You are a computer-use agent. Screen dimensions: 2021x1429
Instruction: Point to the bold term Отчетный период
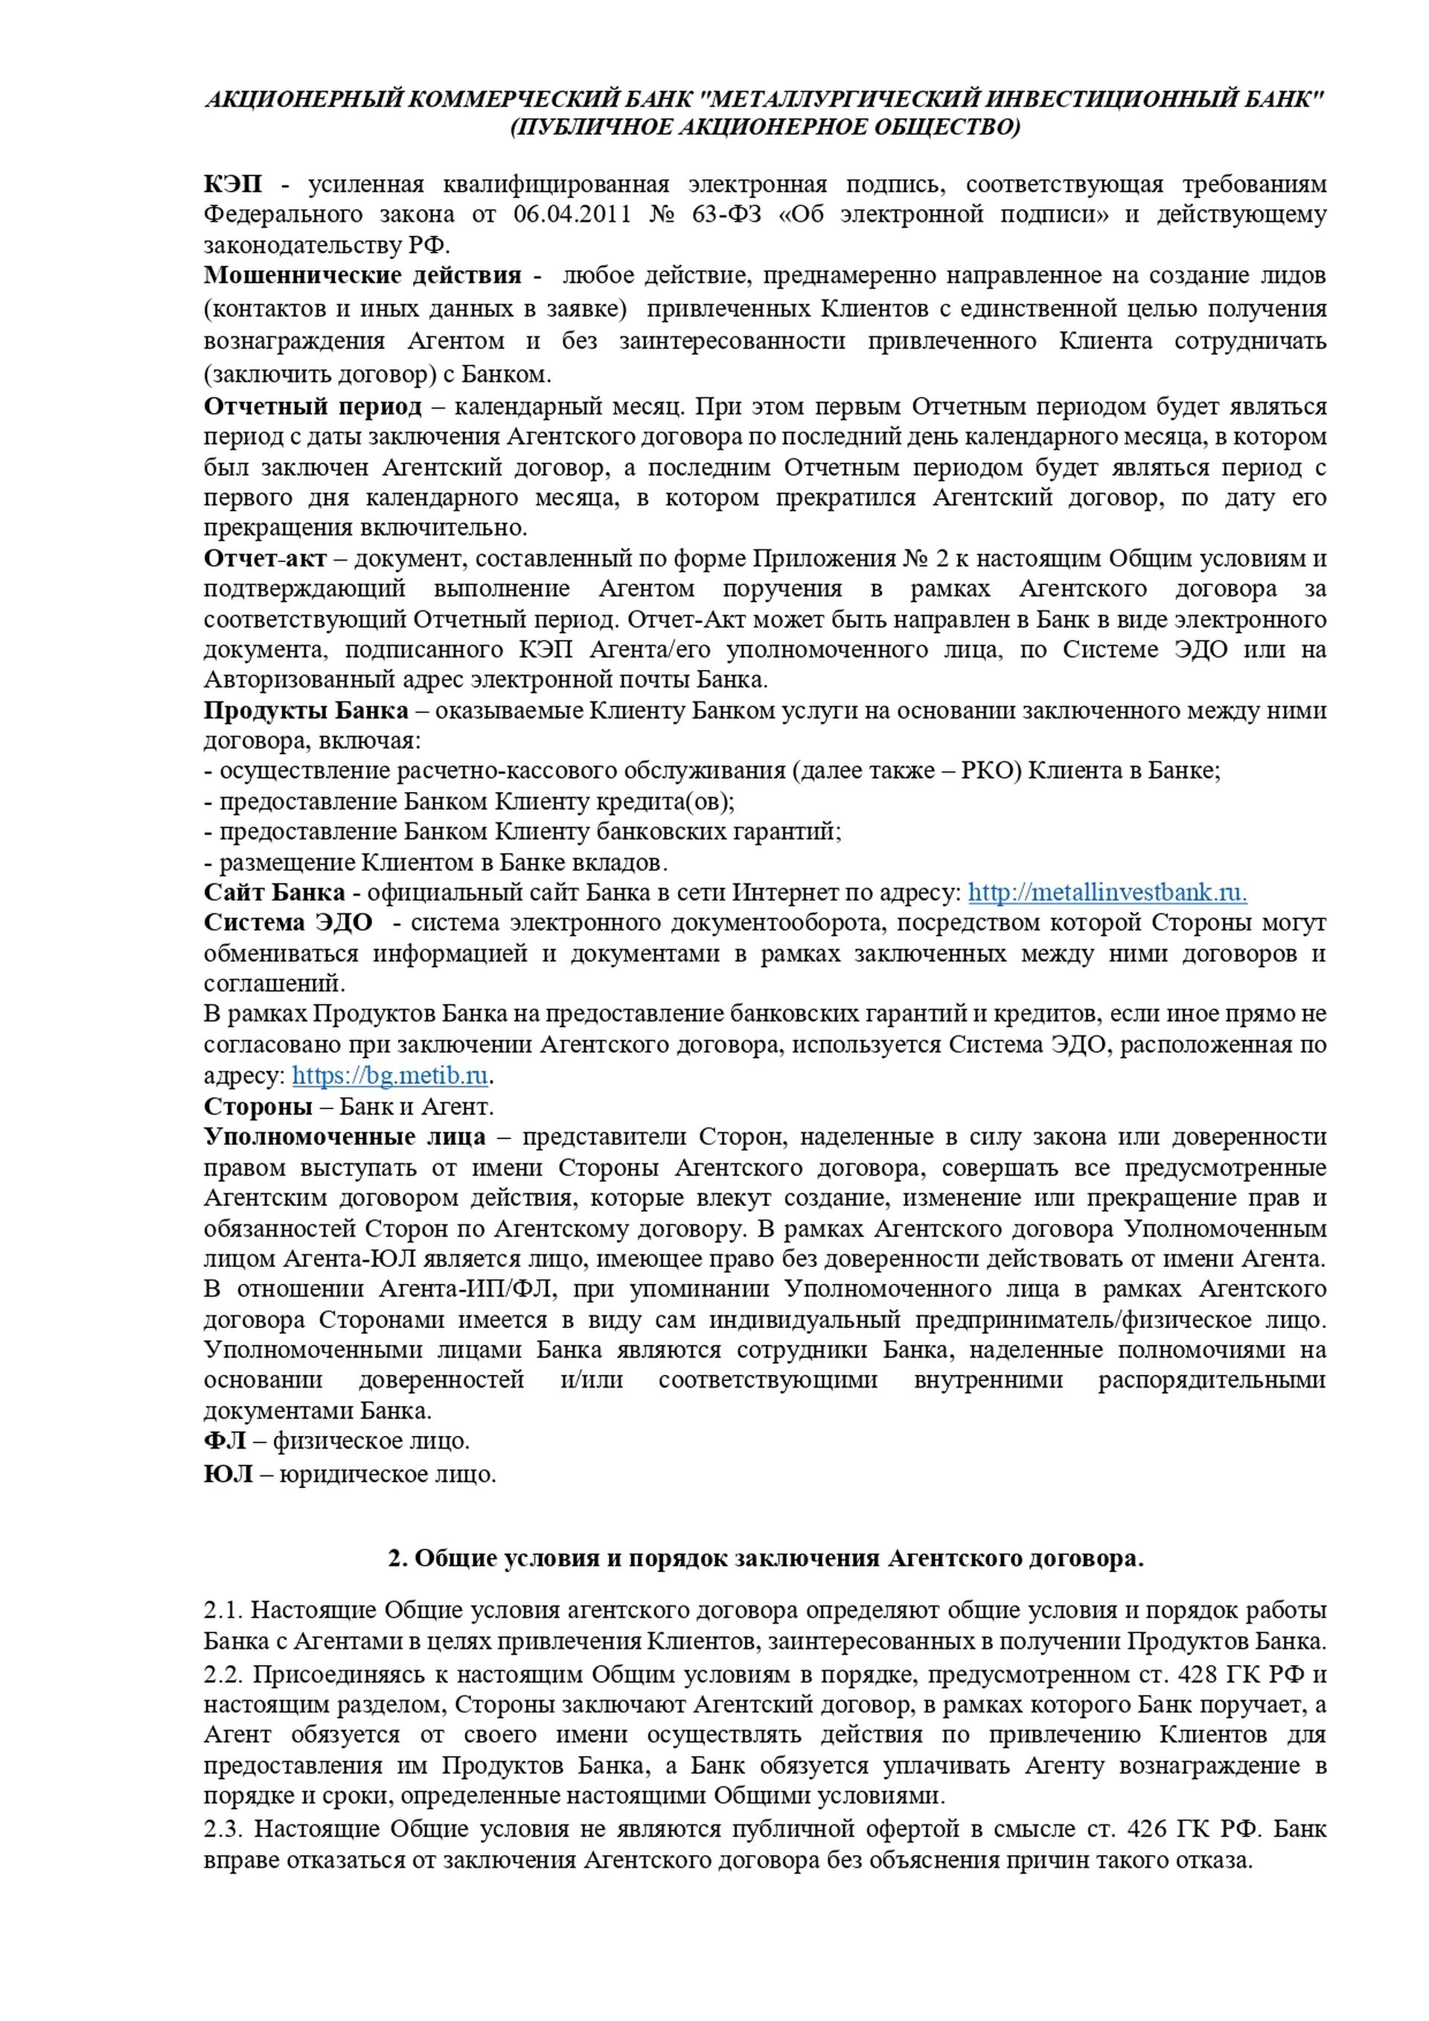coord(313,406)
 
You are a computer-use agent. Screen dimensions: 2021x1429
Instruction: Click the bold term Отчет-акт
coord(265,558)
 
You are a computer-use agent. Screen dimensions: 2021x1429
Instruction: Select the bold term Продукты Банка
coord(305,710)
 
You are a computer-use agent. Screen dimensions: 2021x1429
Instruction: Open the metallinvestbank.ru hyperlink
coord(1107,893)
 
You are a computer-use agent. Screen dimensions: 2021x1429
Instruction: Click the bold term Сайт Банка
coord(274,893)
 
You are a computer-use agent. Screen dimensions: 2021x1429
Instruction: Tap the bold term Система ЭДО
coord(288,923)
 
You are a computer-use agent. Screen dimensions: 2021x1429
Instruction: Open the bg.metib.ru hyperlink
coord(390,1076)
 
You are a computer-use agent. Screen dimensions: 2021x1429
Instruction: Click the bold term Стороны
coord(258,1106)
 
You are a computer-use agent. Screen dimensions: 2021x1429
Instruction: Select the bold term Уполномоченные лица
coord(344,1137)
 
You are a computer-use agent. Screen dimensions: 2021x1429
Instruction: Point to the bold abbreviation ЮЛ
coord(228,1473)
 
